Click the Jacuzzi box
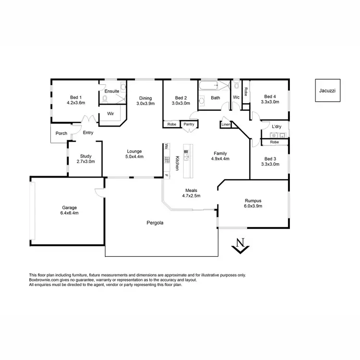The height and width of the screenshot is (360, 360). [x=328, y=90]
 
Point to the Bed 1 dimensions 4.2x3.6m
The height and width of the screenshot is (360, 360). [x=76, y=102]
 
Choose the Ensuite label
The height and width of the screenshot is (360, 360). [x=112, y=91]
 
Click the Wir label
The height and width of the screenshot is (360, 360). [x=110, y=114]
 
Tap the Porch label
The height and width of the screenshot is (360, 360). [x=61, y=133]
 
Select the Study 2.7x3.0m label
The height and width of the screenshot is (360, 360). [x=86, y=159]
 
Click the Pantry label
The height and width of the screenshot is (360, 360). [x=189, y=124]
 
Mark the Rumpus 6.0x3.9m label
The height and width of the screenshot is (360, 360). [x=252, y=203]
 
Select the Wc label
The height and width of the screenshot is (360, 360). [x=236, y=97]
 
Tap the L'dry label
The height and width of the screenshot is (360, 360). [x=276, y=127]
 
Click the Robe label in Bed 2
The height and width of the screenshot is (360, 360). [x=171, y=124]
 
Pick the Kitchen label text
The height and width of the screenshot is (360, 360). [x=177, y=163]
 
